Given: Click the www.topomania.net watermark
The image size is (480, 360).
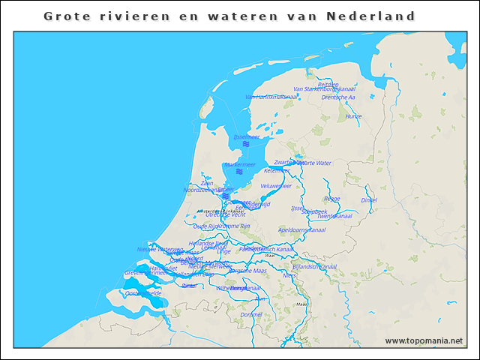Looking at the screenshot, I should click(x=424, y=341).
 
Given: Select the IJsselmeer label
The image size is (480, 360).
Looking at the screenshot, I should click(x=246, y=137).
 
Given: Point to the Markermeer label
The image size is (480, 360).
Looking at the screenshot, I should click(x=240, y=164).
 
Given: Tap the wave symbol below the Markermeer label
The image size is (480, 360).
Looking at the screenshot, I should click(x=238, y=172).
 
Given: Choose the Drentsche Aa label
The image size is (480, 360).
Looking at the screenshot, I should click(x=338, y=97).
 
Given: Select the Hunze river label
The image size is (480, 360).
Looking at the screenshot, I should click(x=354, y=116).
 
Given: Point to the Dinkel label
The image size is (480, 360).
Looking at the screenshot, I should click(x=369, y=200).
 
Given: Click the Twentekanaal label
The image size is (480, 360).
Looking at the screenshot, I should click(x=334, y=216).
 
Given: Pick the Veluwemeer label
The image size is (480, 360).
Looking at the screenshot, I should click(x=276, y=185).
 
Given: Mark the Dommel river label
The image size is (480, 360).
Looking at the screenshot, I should click(x=252, y=314).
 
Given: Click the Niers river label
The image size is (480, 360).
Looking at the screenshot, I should click(x=289, y=275).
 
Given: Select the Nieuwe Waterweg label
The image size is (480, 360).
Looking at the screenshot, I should click(x=160, y=249).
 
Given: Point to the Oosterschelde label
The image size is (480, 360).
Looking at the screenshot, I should click(x=143, y=293).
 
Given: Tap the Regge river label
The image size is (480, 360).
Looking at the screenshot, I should click(x=332, y=199).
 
